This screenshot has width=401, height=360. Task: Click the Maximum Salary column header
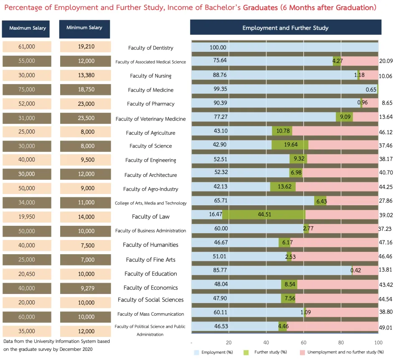[x=26, y=29]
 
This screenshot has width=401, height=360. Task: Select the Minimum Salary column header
[x=84, y=29]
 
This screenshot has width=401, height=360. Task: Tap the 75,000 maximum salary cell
[x=27, y=89]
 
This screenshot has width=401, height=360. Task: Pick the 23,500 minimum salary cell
[x=86, y=118]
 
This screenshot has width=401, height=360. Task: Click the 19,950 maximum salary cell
[x=27, y=217]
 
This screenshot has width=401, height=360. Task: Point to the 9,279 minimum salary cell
[x=86, y=289]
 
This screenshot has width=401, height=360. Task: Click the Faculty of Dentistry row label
[x=151, y=48]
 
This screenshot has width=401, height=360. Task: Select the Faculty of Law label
[x=151, y=217]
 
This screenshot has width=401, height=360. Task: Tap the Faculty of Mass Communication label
[x=151, y=314]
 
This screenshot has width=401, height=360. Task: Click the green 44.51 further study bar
[x=264, y=214]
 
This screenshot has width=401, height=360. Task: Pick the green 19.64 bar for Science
[x=290, y=145]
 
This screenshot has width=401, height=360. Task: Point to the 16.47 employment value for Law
[x=216, y=214]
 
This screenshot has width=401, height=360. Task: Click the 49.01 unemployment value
[x=386, y=328]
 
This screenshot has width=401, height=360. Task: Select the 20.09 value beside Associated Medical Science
[x=386, y=61]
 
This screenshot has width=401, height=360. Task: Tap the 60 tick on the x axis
[x=304, y=342]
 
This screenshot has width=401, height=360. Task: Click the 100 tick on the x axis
[x=378, y=342]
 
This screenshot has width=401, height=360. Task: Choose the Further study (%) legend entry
[x=265, y=352]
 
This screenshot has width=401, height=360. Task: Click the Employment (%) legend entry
[x=213, y=352]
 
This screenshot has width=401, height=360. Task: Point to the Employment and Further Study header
[x=285, y=28]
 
